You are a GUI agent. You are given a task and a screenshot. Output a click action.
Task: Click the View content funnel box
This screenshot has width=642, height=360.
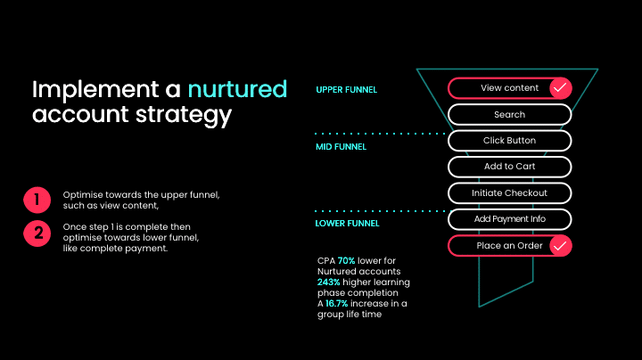tap(499, 88)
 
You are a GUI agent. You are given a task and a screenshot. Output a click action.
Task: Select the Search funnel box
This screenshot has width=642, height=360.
tap(509, 115)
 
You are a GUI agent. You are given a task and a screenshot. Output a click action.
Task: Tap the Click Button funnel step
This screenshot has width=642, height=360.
tap(509, 141)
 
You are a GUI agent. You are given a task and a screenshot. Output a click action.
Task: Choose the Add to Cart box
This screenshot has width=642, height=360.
tap(509, 167)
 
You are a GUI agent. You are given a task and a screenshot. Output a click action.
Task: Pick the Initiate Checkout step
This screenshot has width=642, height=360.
tap(509, 192)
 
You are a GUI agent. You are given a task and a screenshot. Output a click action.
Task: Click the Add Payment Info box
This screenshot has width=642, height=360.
tap(509, 219)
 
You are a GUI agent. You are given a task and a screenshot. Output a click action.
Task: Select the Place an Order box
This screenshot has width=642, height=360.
tap(499, 246)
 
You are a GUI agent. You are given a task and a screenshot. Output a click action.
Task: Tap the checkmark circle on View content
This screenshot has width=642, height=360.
tap(560, 88)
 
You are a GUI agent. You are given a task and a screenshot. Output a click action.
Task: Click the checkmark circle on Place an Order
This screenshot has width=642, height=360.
tap(560, 246)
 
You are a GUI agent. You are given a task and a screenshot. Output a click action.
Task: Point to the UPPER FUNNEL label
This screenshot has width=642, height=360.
tap(347, 90)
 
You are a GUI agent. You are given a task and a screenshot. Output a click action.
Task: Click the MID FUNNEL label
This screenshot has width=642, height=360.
tap(341, 147)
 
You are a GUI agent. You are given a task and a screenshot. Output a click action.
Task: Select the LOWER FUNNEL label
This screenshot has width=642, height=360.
tap(347, 224)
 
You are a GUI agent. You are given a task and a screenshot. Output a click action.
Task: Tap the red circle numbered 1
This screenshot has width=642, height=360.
tap(37, 199)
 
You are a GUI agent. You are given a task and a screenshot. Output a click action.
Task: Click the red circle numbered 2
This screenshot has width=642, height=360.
tap(37, 233)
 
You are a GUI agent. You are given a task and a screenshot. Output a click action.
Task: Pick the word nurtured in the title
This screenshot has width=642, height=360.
tap(237, 90)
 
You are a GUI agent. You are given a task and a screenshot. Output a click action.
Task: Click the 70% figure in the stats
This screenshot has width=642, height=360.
tap(346, 260)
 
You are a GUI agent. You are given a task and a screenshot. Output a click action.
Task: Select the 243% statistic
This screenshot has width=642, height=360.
tap(327, 282)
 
